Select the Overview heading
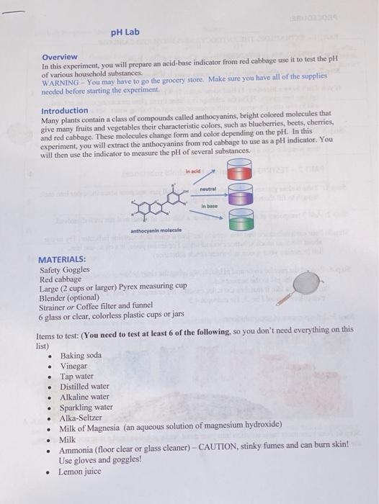click(x=60, y=57)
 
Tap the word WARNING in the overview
click(x=61, y=82)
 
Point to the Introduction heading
click(x=65, y=111)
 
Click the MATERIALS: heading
click(x=62, y=259)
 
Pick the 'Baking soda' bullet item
click(x=81, y=356)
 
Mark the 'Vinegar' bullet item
click(x=74, y=366)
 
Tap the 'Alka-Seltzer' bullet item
click(x=81, y=416)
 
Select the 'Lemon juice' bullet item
click(x=81, y=472)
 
